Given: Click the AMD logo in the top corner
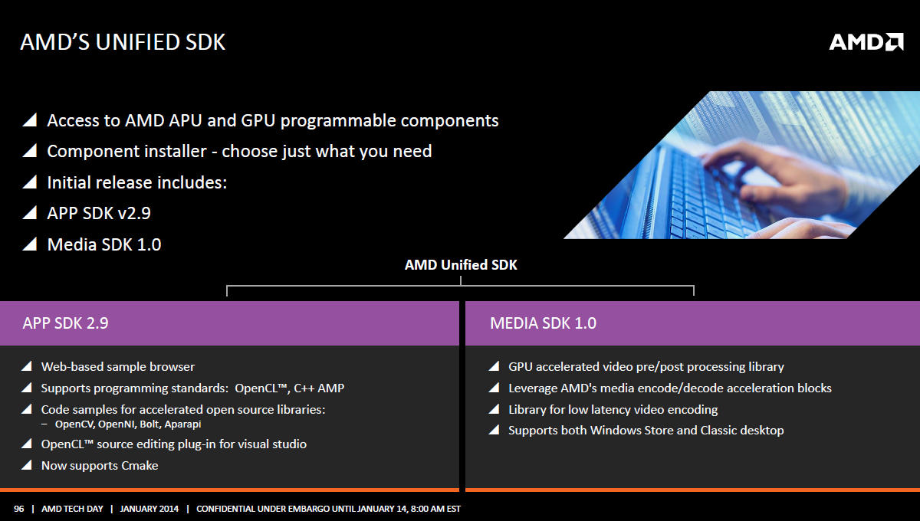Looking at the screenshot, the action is point(866,42).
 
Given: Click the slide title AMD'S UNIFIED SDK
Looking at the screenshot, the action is point(123,42).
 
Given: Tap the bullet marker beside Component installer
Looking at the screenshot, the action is point(30,151).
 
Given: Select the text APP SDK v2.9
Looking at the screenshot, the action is point(99,213).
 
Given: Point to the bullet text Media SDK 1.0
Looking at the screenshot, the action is point(104,244).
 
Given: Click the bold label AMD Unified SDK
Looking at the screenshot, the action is point(461,265).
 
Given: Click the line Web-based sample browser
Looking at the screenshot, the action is point(118,367).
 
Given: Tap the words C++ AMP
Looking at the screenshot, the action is point(319,388).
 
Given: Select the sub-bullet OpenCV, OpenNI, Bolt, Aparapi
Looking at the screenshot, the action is point(128,424).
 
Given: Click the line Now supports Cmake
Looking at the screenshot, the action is point(100,466).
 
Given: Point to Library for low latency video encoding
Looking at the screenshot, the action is point(613,410).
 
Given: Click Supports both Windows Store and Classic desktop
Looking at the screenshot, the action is point(646,431).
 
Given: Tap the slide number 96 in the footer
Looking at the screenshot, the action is point(19,509).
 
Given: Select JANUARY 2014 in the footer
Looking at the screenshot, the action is point(149,509).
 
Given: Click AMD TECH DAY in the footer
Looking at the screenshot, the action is point(72,509).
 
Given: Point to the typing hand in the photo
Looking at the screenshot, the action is point(772,172).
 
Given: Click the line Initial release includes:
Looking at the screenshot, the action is point(137,182).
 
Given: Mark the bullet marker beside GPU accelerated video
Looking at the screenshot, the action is point(494,366).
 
